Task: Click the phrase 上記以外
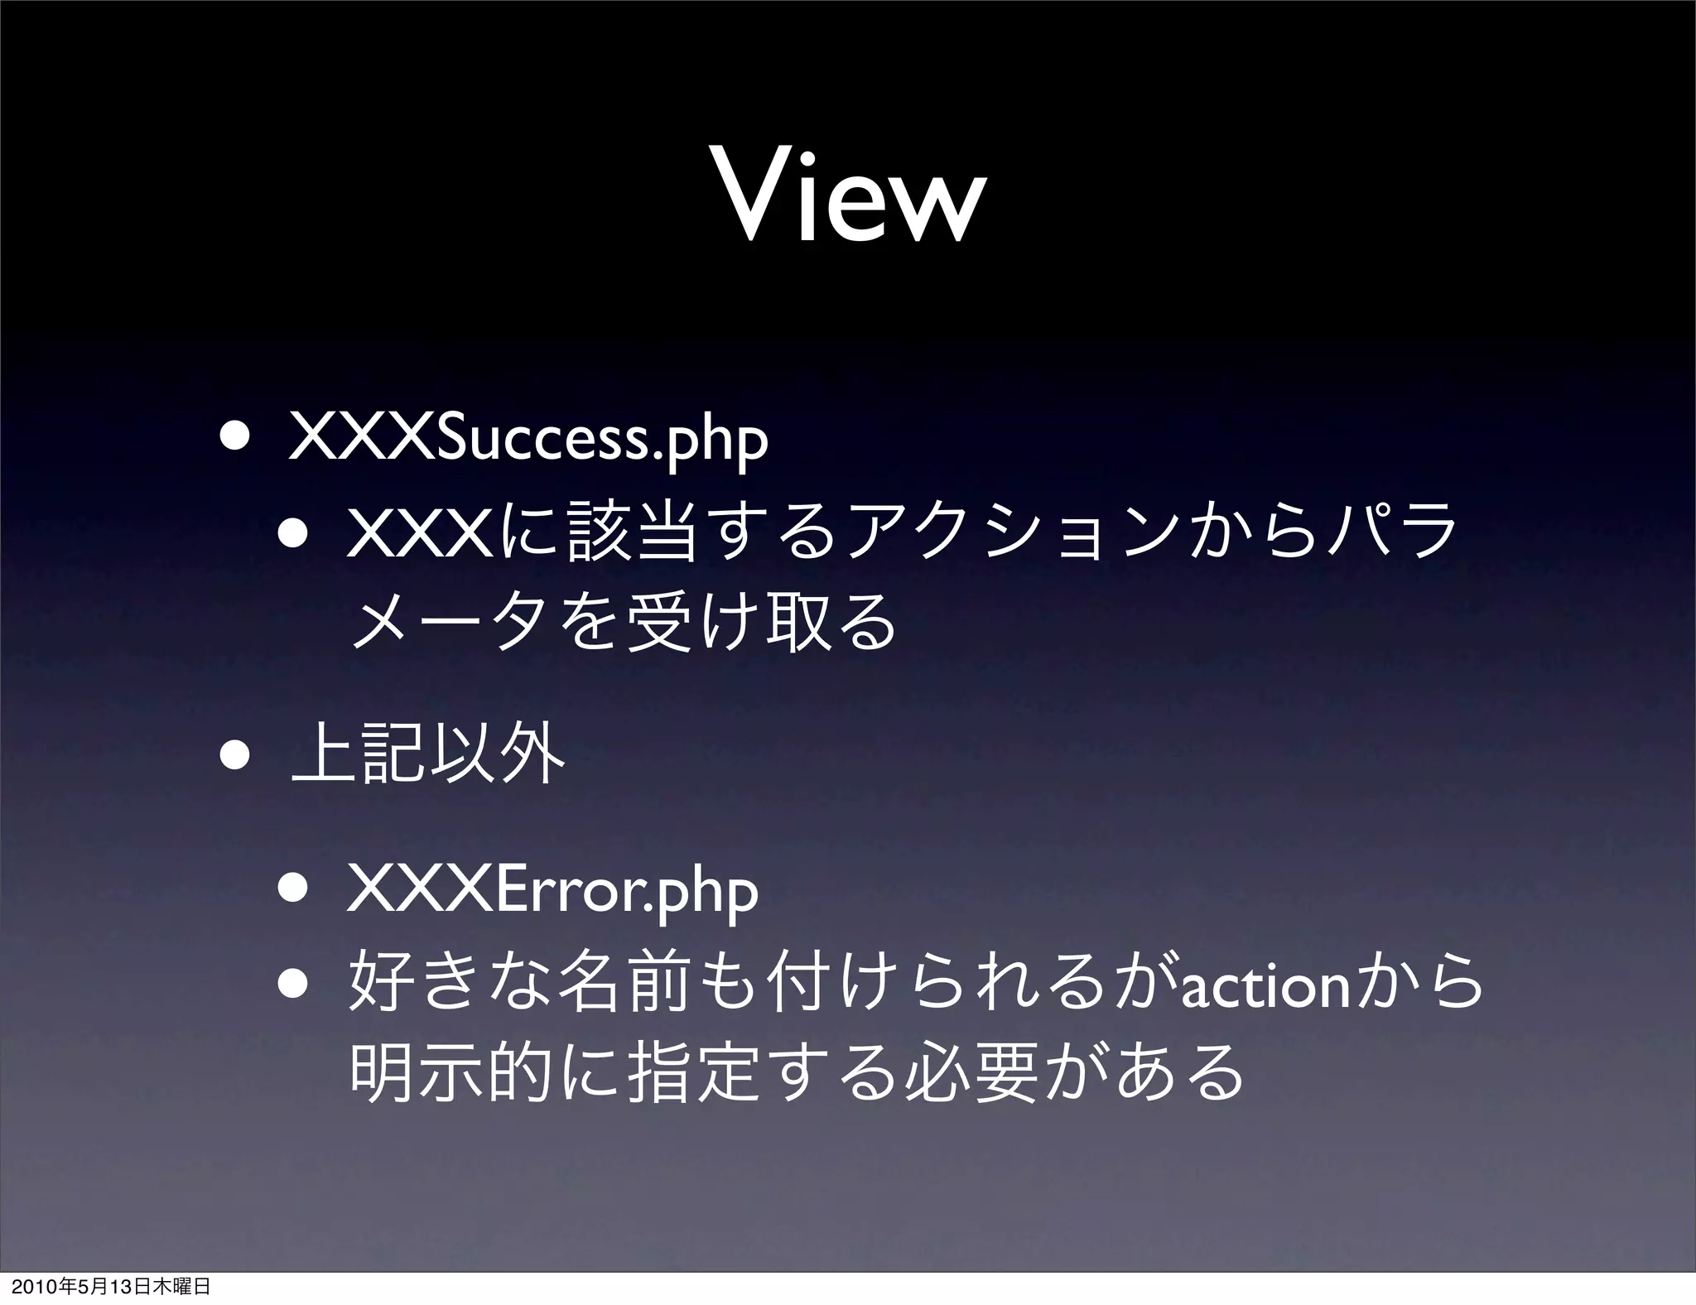pyautogui.click(x=429, y=754)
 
